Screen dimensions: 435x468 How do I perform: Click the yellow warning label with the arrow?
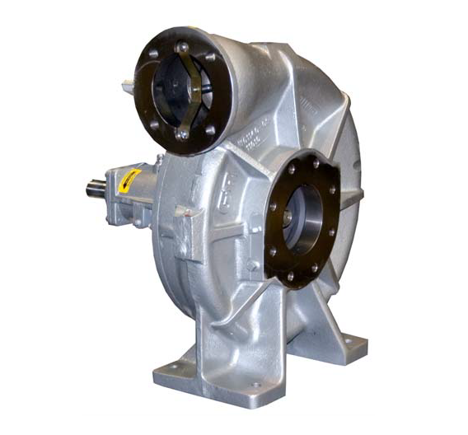click(x=129, y=179)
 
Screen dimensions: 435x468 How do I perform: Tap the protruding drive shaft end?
click(x=92, y=188)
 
